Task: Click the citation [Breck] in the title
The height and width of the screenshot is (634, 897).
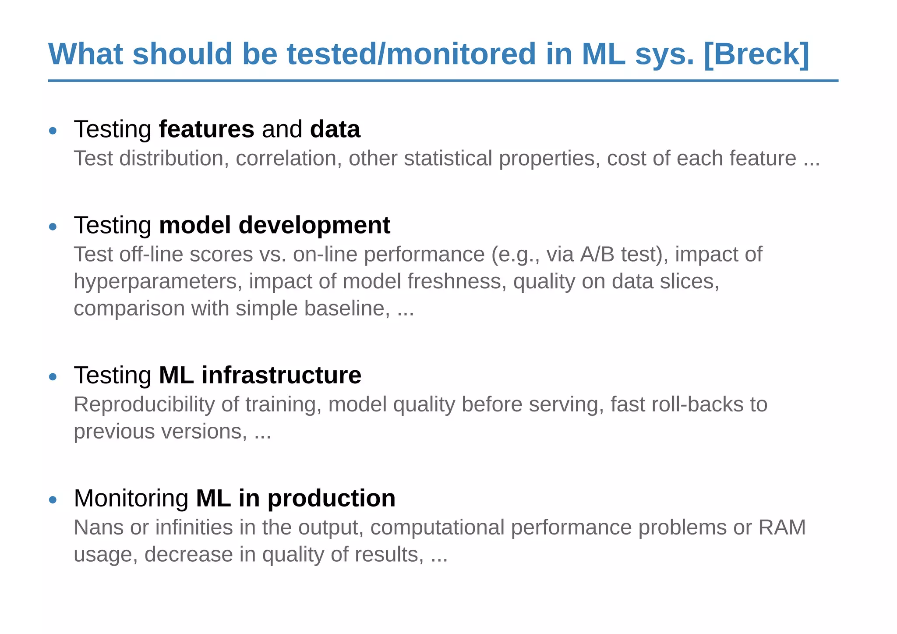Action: [x=756, y=54]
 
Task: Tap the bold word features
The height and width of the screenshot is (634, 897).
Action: [x=206, y=129]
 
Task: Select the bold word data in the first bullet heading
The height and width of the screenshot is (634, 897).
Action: [x=335, y=129]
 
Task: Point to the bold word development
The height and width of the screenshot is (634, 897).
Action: [x=314, y=226]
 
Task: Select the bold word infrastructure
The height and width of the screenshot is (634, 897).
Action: [x=281, y=375]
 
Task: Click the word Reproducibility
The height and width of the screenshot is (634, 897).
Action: [x=144, y=405]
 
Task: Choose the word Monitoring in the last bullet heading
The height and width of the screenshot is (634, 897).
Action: [x=131, y=499]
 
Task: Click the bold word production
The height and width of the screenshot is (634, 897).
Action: [x=331, y=499]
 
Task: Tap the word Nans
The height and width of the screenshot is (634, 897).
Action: [x=99, y=528]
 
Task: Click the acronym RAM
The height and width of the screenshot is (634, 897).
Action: [x=782, y=528]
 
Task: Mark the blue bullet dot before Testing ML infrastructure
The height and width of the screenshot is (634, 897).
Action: [x=53, y=377]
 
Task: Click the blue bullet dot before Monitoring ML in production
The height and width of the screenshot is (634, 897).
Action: [x=53, y=500]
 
